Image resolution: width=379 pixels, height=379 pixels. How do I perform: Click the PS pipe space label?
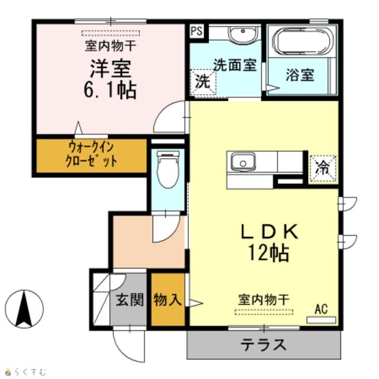point(197,31)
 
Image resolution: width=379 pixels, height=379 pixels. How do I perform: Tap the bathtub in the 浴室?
point(303,41)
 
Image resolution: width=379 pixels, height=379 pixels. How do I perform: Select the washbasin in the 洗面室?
point(243,34)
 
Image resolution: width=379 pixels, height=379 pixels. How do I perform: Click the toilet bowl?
point(168,169)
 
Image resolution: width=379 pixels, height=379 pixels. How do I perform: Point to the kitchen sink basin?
point(243,162)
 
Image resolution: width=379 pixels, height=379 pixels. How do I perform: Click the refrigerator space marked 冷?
point(323,168)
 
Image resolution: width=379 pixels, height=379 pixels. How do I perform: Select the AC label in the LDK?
point(321,309)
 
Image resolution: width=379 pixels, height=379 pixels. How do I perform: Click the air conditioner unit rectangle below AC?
point(321,320)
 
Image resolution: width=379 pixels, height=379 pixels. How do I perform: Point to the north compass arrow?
point(24,309)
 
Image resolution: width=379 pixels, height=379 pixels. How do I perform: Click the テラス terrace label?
point(264,345)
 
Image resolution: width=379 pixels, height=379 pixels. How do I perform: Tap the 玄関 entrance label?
point(130,300)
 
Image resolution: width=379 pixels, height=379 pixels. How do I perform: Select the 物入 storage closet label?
point(168,300)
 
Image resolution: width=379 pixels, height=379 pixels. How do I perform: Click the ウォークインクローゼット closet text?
point(91,155)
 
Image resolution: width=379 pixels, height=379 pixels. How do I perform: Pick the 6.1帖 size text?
point(110,90)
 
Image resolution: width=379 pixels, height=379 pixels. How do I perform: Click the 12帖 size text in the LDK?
point(268,253)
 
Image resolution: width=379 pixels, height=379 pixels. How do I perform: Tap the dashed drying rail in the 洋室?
point(111,33)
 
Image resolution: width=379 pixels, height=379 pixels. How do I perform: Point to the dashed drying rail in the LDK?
point(264,312)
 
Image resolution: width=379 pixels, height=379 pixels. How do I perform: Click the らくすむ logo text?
point(30,371)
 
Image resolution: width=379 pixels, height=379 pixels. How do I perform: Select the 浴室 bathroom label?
point(300,75)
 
